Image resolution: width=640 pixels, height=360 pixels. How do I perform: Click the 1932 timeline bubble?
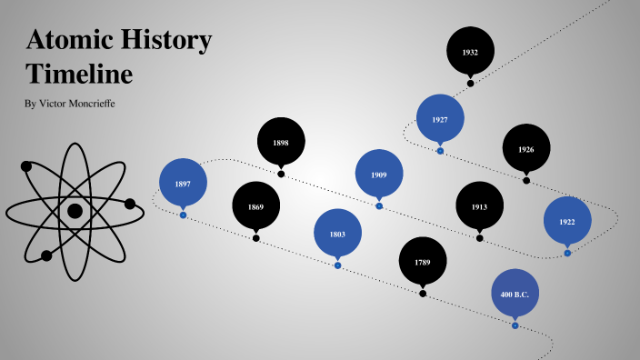coord(470,52)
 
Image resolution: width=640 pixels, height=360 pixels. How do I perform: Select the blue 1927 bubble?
coord(440,119)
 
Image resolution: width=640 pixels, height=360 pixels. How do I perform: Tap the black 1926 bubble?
coord(526,149)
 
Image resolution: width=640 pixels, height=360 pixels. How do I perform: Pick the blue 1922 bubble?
coord(567,221)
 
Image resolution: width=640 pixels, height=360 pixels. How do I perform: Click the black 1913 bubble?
coord(479,206)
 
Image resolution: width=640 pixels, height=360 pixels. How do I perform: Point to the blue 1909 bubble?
coord(379,174)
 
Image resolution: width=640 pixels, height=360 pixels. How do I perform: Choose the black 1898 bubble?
coord(281,142)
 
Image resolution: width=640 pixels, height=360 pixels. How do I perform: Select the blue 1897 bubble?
coord(183,184)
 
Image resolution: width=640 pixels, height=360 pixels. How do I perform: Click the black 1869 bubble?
coord(255,206)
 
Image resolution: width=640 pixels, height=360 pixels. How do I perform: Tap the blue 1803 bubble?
coord(337,234)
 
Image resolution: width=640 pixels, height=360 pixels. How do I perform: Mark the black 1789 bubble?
coord(423,262)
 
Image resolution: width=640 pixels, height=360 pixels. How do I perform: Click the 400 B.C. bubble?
coord(515,294)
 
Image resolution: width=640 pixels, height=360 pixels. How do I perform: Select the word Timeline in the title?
coord(79,73)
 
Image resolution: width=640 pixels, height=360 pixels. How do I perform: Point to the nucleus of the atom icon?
coord(75,211)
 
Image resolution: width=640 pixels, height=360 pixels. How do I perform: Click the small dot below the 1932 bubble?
coord(470,83)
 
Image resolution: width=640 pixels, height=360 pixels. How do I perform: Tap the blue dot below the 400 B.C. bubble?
coord(515,325)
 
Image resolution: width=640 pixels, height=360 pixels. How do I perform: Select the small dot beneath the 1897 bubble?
coord(183,215)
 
